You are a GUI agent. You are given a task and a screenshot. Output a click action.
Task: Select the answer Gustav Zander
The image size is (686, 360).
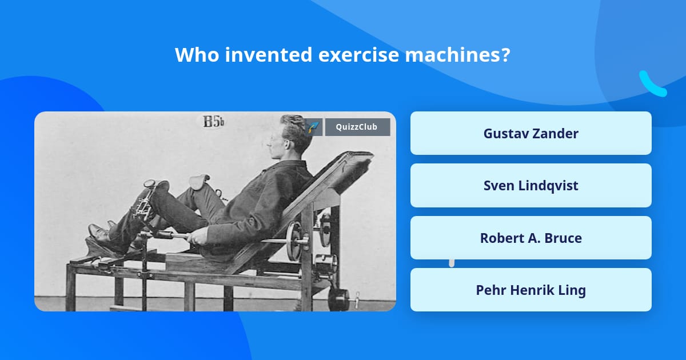pyautogui.click(x=531, y=133)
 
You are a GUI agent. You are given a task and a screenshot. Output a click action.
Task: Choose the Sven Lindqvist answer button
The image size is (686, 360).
pyautogui.click(x=531, y=186)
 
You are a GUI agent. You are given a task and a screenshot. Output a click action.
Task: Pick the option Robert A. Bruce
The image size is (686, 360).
pyautogui.click(x=531, y=238)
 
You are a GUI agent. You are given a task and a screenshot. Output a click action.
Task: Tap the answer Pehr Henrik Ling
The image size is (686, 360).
pyautogui.click(x=531, y=290)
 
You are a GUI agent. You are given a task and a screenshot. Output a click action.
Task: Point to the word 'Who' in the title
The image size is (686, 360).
pyautogui.click(x=194, y=55)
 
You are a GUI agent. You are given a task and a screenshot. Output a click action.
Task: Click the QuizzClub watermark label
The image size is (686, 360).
pyautogui.click(x=357, y=127)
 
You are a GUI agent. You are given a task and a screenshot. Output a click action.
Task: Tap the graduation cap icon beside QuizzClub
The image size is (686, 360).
pyautogui.click(x=313, y=127)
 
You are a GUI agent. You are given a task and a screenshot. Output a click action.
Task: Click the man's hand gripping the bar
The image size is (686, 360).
pyautogui.click(x=198, y=235)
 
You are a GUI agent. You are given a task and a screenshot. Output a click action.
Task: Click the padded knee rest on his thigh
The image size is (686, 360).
pyautogui.click(x=198, y=182)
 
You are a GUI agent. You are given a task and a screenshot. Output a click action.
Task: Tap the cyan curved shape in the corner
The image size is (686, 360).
pyautogui.click(x=652, y=85)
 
